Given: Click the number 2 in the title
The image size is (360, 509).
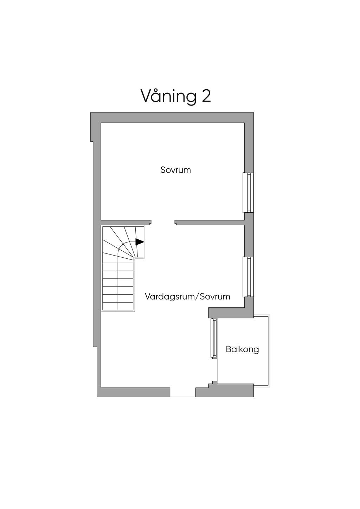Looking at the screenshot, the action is [206, 96].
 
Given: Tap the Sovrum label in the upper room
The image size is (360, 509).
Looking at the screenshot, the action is [175, 170].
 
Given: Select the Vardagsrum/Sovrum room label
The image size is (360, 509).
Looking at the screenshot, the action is [187, 296].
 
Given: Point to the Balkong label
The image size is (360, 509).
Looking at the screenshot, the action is [242, 349].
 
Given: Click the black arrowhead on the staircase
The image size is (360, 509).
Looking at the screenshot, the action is [140, 242].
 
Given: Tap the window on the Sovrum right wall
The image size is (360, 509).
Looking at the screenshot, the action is [249, 193].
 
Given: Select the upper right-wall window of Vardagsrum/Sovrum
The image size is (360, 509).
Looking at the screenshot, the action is [249, 277].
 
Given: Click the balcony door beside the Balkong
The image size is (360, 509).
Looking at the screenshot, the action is [213, 338].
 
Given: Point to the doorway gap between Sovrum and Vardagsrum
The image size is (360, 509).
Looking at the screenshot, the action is [163, 222].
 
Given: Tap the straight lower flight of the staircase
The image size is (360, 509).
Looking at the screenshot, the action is [118, 286].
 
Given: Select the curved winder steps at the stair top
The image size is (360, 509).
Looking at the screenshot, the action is [121, 243].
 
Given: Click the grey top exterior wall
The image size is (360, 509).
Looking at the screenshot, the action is [172, 117].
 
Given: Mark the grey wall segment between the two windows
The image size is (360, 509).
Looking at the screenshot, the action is [249, 235].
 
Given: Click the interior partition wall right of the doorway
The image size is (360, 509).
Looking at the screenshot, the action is [210, 222].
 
